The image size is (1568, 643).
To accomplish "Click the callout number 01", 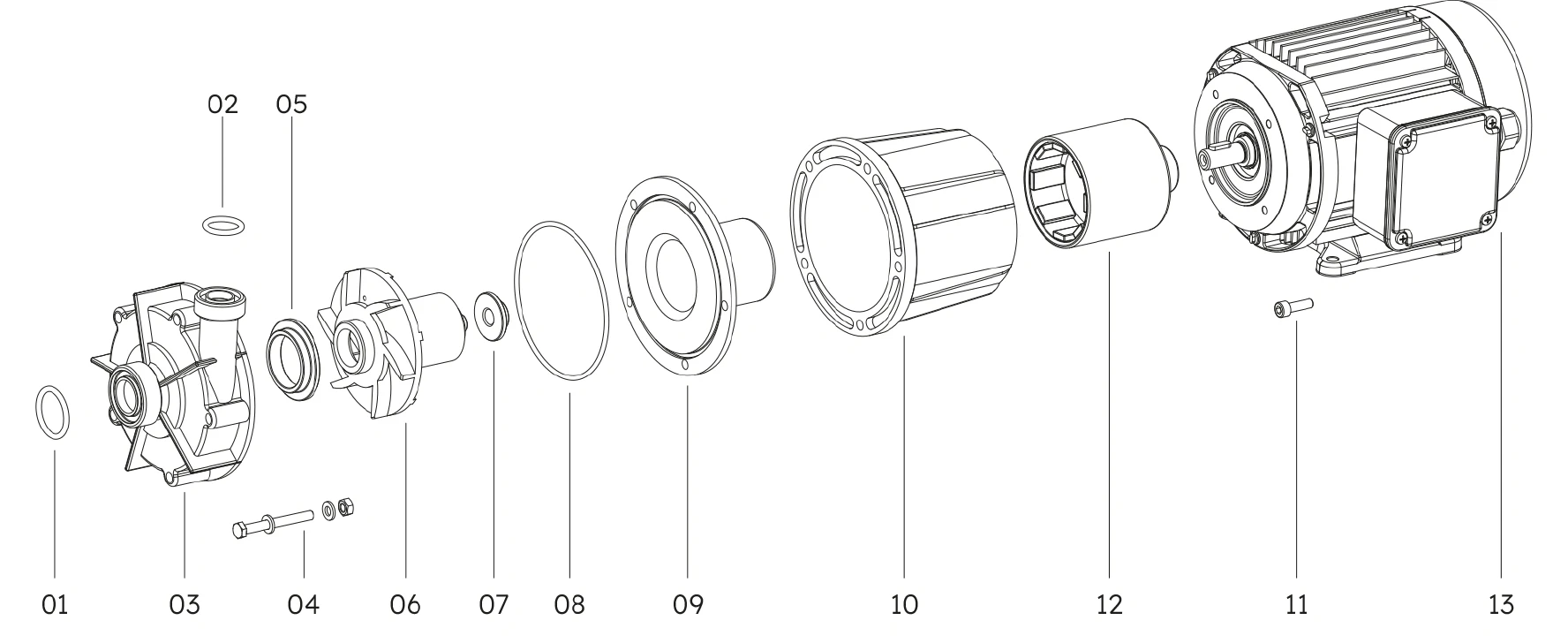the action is [x=54, y=605].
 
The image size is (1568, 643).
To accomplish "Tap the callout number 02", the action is [x=222, y=104].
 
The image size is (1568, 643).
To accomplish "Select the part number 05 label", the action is [x=291, y=104].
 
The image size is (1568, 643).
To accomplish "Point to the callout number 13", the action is [x=1500, y=605].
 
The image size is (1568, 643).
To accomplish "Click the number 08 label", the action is [x=569, y=605].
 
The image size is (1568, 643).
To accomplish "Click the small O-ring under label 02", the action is [x=222, y=225].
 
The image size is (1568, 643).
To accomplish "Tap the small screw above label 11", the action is [x=1294, y=307].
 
